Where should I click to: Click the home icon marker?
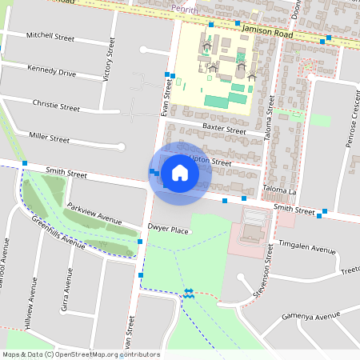point(179,172)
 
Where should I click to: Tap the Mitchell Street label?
point(50,37)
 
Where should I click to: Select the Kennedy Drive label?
point(50,72)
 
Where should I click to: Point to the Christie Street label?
point(56,106)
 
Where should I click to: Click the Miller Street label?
point(48,138)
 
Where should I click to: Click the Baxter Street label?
point(223,128)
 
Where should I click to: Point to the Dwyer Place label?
point(168,230)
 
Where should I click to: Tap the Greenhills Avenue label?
point(58,231)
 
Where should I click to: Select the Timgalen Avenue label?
point(308,250)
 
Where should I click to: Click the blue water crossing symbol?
point(189,294)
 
